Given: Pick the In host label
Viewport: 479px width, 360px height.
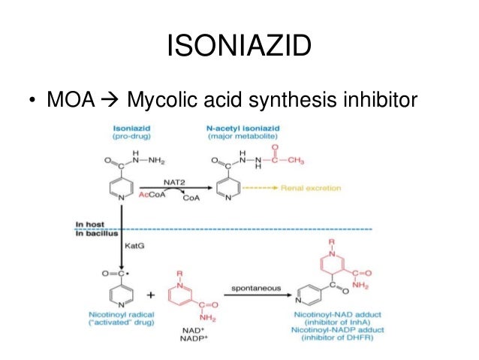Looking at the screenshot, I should click(x=89, y=224).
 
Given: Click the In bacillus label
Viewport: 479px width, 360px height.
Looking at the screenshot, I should click(x=92, y=234).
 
